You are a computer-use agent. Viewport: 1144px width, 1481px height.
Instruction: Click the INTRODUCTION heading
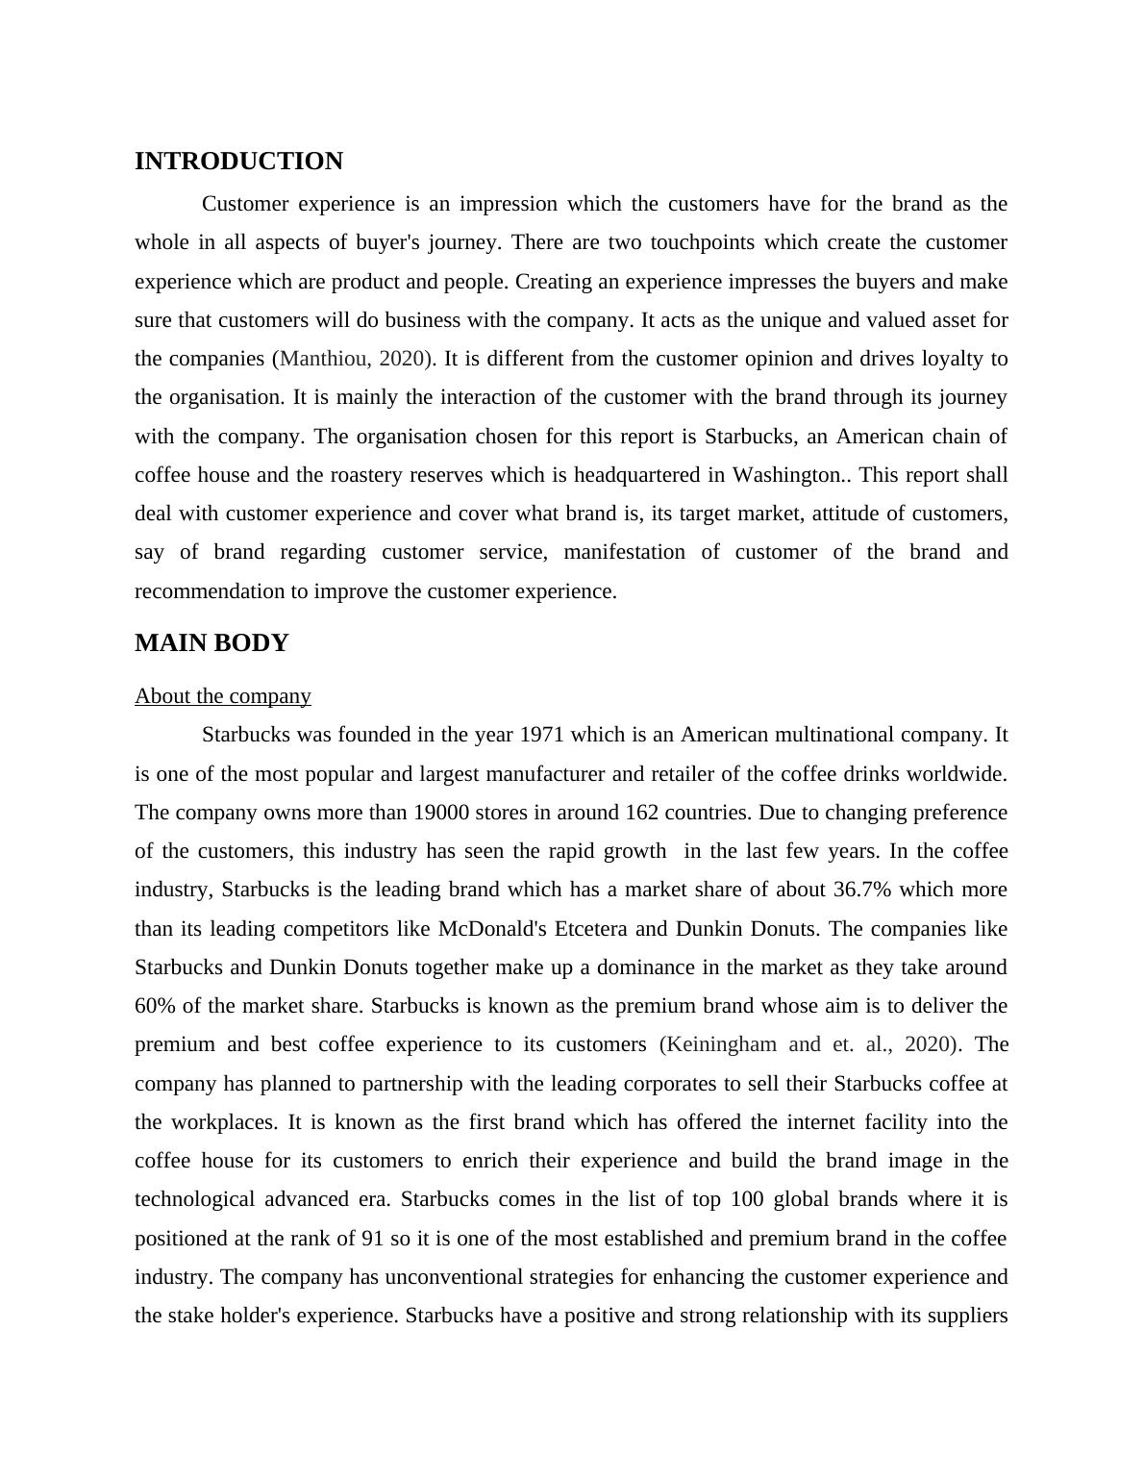pos(238,162)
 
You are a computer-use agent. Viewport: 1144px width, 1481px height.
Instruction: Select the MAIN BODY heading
pos(211,643)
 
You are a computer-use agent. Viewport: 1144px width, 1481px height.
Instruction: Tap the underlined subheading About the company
pos(223,696)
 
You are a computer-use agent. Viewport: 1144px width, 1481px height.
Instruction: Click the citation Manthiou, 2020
pos(353,359)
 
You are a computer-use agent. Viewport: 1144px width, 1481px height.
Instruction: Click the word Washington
pos(792,475)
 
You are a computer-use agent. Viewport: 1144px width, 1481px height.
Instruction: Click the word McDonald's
pos(492,929)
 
